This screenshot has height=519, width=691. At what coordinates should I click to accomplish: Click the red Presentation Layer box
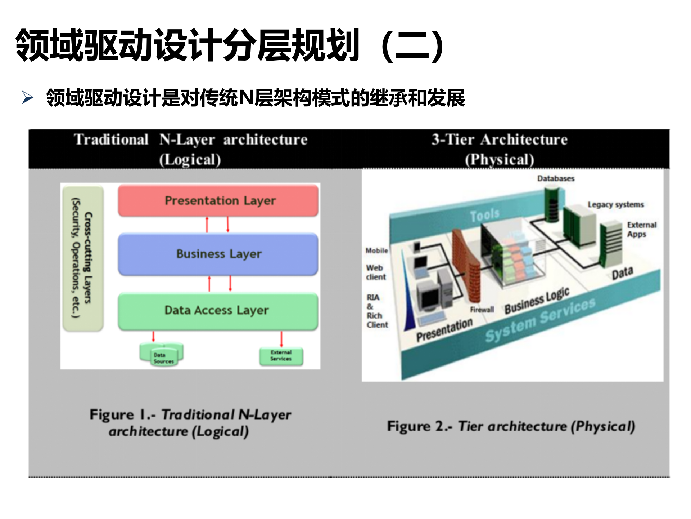tap(218, 200)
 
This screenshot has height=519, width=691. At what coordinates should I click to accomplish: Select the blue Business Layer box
tap(218, 254)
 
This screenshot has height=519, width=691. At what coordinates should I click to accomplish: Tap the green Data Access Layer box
tap(218, 311)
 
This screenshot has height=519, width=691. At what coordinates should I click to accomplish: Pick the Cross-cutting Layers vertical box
tap(83, 258)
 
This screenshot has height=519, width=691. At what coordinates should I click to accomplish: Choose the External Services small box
tap(281, 356)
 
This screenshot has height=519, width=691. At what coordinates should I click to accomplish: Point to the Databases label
tap(556, 178)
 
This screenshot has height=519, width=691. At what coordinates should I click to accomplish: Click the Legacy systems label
tap(615, 205)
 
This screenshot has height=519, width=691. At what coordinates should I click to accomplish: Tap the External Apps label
tap(641, 230)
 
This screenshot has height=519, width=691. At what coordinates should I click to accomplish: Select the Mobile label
tap(376, 250)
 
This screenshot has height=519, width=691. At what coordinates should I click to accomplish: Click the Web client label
tap(376, 272)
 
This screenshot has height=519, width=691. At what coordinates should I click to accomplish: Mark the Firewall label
tap(482, 310)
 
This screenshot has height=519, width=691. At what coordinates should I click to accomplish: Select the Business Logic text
tap(537, 301)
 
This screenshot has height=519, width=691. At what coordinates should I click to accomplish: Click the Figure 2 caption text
tap(511, 426)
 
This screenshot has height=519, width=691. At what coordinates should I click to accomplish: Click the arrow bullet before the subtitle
tap(28, 97)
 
